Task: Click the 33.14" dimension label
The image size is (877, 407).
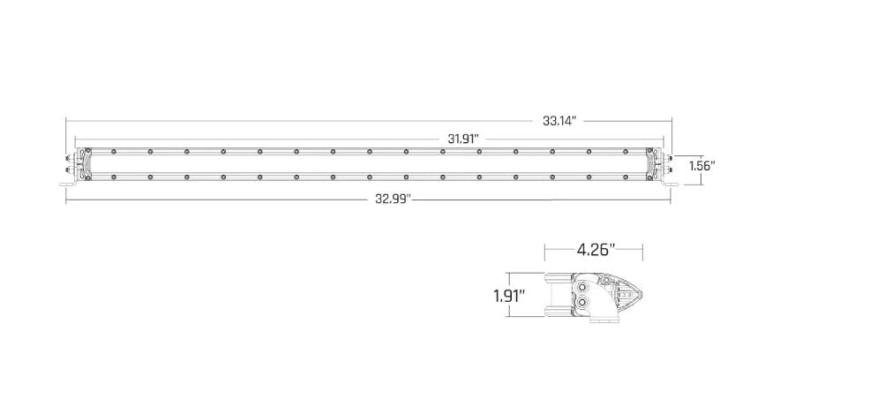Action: pyautogui.click(x=560, y=121)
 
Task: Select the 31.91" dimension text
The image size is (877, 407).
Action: pyautogui.click(x=463, y=139)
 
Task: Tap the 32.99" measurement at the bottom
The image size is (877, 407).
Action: pyautogui.click(x=392, y=200)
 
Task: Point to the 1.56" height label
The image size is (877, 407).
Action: pyautogui.click(x=701, y=165)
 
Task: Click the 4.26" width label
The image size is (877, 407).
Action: pyautogui.click(x=595, y=250)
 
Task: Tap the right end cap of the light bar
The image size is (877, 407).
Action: pyautogui.click(x=654, y=164)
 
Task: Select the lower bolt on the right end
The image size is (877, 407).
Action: pyautogui.click(x=668, y=170)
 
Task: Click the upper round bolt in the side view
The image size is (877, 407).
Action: pyautogui.click(x=583, y=285)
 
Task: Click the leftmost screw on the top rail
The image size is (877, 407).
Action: pyautogui.click(x=114, y=151)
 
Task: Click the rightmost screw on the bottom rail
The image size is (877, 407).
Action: pyautogui.click(x=625, y=177)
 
